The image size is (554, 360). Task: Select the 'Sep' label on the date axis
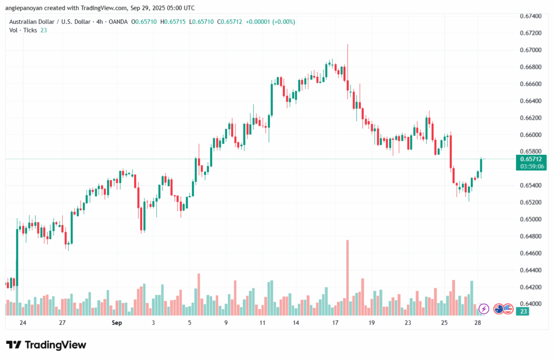117,323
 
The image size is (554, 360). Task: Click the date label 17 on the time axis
335,323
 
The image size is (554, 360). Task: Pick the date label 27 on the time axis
62,323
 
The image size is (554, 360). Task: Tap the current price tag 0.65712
532,159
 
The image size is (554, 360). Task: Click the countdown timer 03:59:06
532,167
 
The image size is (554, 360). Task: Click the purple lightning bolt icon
484,309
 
